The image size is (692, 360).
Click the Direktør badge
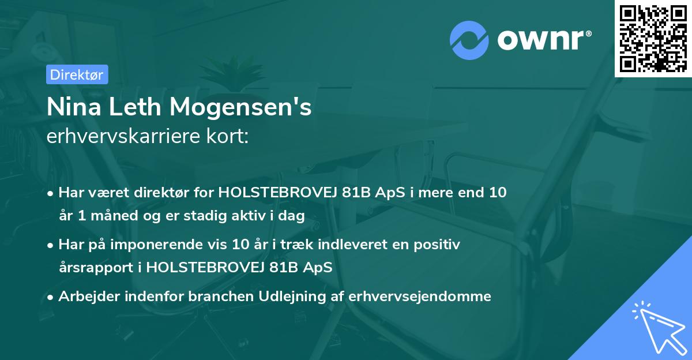click(x=77, y=74)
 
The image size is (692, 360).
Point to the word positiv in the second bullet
click(x=438, y=245)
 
